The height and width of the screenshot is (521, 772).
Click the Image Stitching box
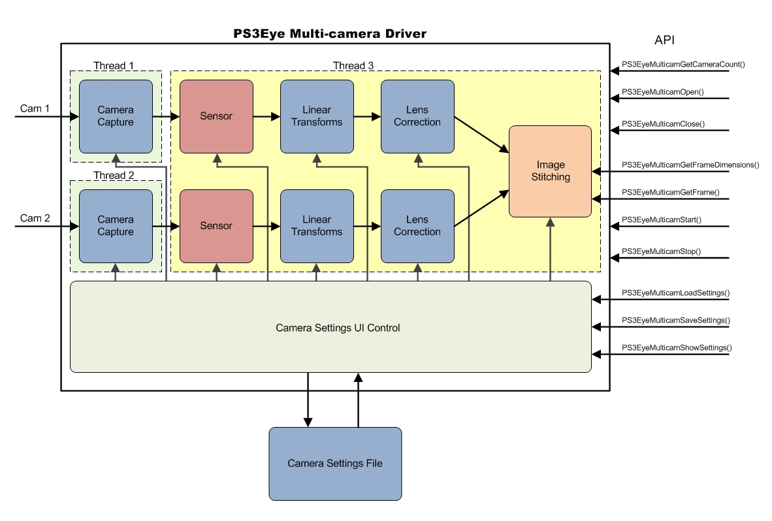tap(550, 171)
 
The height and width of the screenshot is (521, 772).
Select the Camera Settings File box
tap(335, 464)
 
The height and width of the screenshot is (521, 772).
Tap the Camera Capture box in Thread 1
tap(116, 117)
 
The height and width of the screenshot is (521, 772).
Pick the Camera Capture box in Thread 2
tap(116, 226)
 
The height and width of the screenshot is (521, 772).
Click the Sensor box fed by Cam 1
tap(216, 117)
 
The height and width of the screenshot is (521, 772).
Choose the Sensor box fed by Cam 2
tap(216, 226)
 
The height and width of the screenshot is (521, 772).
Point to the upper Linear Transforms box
tap(317, 117)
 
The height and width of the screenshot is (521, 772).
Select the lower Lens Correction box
tap(417, 226)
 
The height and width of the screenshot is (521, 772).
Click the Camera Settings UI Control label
tap(338, 328)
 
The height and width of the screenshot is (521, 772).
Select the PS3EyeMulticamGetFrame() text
tap(670, 193)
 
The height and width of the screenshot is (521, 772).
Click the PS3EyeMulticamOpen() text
tap(662, 93)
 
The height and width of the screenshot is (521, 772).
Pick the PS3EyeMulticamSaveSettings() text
tap(675, 321)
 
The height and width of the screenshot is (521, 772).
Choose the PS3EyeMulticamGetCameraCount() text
tap(683, 65)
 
